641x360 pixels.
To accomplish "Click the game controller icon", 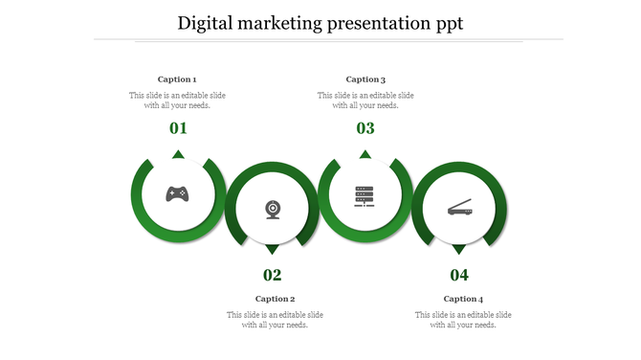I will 177,193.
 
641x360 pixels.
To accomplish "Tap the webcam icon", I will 273,209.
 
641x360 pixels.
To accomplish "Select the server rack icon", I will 365,194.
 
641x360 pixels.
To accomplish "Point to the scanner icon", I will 459,209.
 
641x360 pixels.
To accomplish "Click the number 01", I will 178,128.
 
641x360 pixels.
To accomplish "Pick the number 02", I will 273,276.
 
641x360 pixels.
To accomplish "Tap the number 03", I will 365,128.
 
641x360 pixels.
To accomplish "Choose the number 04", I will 459,276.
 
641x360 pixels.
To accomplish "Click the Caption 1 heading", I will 177,79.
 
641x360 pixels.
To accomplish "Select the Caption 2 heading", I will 275,299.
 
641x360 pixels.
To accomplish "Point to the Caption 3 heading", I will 365,79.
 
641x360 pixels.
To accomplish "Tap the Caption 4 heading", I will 463,299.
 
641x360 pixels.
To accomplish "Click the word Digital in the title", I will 208,23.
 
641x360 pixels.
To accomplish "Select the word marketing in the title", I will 284,23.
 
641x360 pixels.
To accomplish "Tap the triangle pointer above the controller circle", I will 178,154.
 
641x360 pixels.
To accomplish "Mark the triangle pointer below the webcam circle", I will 273,249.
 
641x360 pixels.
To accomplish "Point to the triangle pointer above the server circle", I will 365,154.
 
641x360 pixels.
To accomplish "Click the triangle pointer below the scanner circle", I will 459,249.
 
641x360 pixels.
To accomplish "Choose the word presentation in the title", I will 376,23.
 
